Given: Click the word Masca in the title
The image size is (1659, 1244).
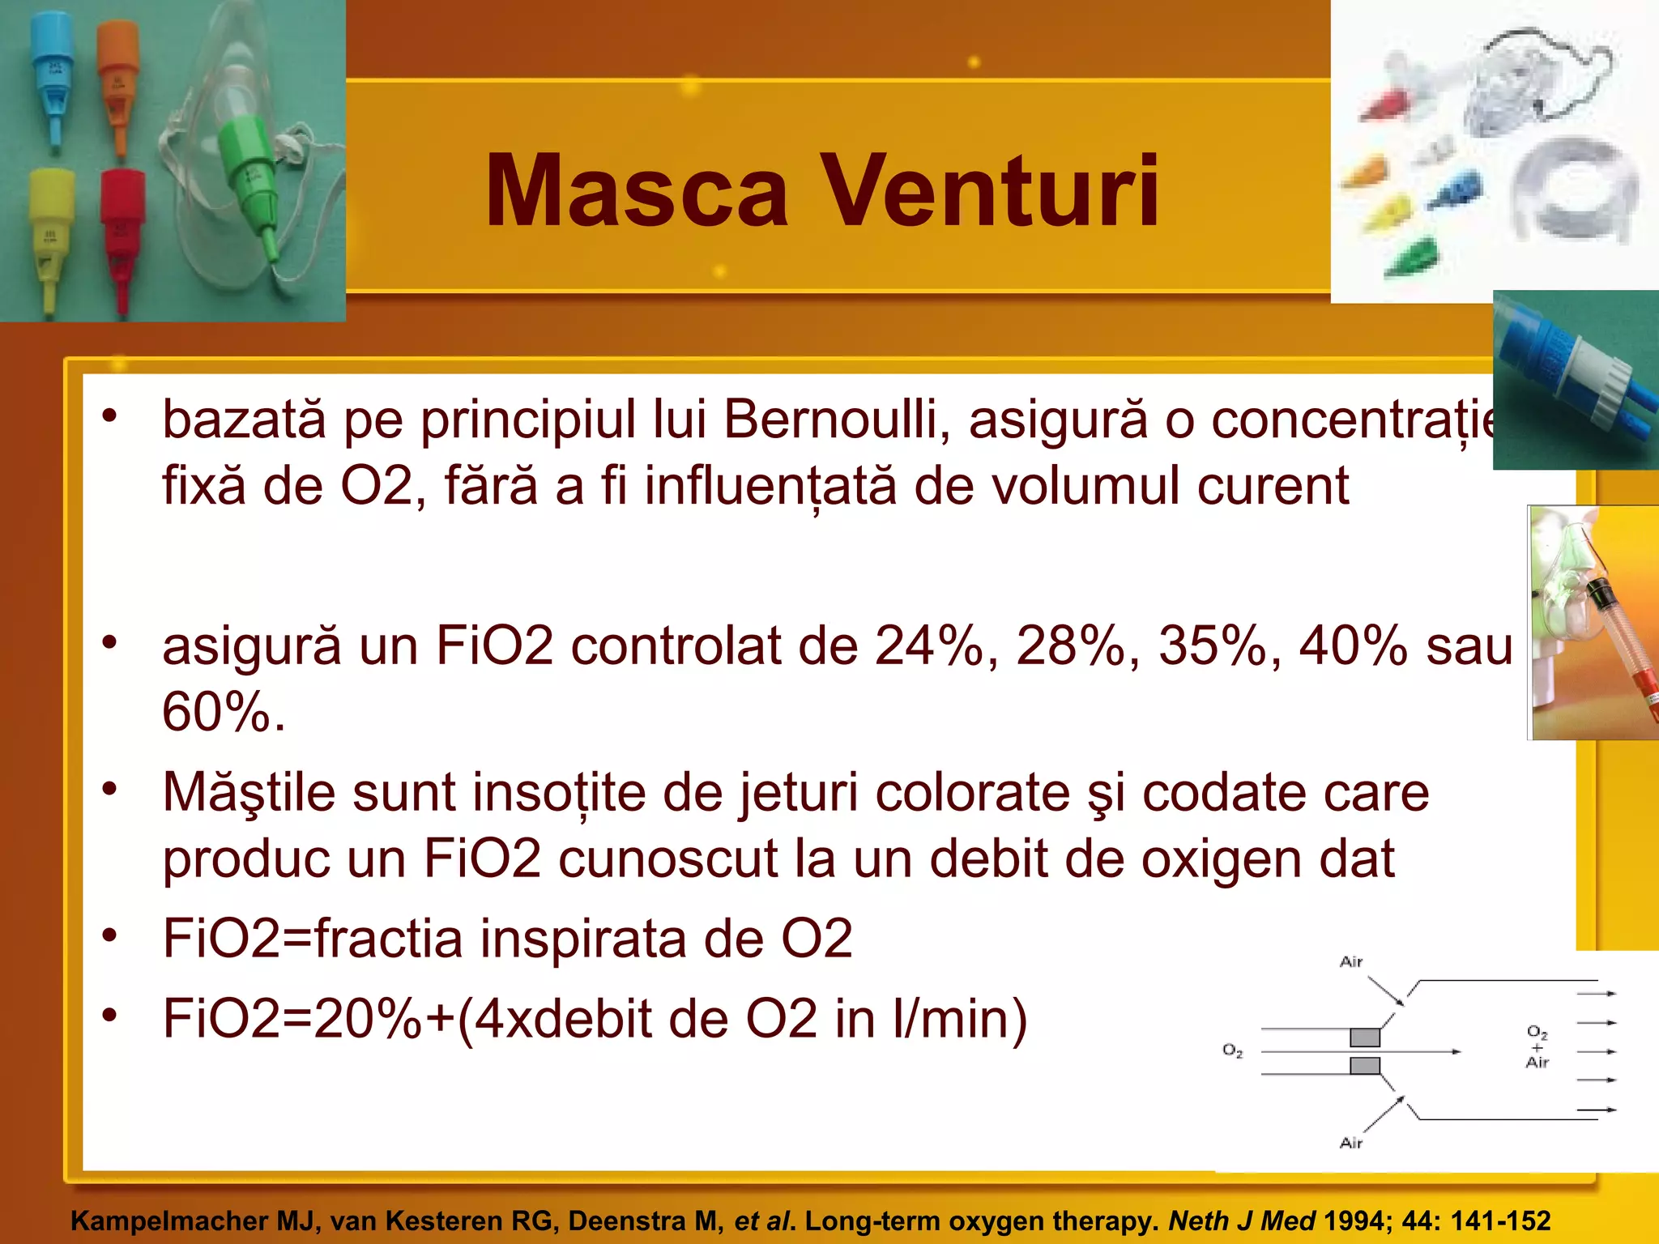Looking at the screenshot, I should pyautogui.click(x=636, y=193).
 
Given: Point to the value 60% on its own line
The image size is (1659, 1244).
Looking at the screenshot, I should pyautogui.click(x=223, y=713).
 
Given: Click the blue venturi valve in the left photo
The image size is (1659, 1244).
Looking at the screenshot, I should pyautogui.click(x=53, y=73).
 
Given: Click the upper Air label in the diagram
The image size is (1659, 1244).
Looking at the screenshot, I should pyautogui.click(x=1351, y=962).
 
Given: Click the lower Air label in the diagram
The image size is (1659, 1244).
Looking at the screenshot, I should pyautogui.click(x=1351, y=1143).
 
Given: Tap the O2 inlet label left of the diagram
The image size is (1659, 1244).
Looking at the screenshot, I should pyautogui.click(x=1232, y=1050).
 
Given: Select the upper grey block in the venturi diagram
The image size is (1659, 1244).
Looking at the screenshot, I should pyautogui.click(x=1364, y=1037).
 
